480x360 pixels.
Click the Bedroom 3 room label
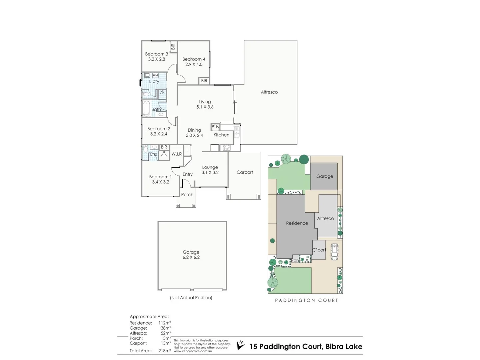[156, 54]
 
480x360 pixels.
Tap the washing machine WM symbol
[155, 75]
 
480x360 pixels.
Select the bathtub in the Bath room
[146, 108]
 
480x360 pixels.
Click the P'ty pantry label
[215, 127]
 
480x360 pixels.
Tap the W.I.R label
[177, 154]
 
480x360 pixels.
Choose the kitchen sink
[237, 132]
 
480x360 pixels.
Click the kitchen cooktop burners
[227, 147]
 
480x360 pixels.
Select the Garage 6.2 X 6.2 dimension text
[191, 257]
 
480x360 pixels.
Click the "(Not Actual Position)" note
[191, 298]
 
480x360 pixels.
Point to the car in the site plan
[334, 252]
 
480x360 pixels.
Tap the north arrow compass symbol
[240, 345]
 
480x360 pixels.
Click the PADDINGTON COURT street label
[306, 300]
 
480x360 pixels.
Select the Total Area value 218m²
[165, 351]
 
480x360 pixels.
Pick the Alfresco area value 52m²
[166, 333]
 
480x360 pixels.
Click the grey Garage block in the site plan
[324, 176]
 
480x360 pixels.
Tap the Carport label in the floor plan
[245, 172]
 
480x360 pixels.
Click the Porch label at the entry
[187, 195]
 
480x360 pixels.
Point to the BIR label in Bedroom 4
[204, 81]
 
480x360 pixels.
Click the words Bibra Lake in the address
[344, 347]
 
